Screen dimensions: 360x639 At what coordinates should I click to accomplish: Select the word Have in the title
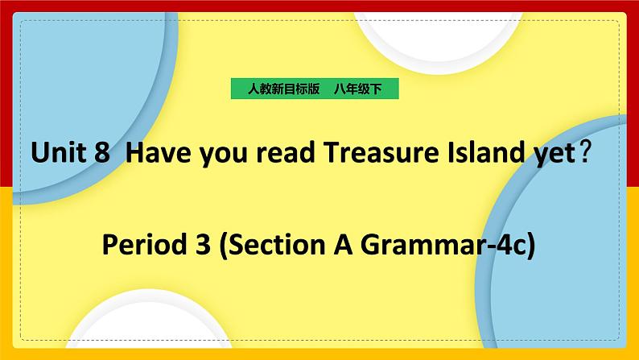(153, 152)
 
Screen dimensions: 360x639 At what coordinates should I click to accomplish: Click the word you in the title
(212, 154)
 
